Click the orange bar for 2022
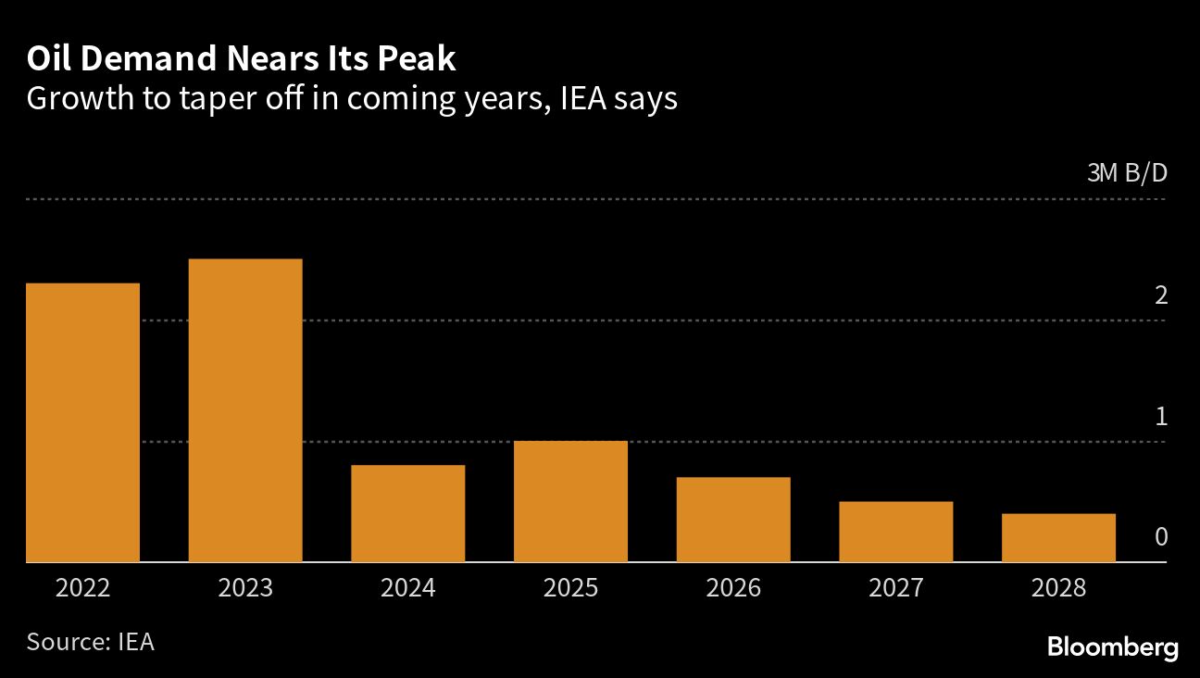click(x=83, y=422)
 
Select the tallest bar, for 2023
click(x=245, y=410)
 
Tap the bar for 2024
click(x=407, y=513)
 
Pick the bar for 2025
click(x=570, y=501)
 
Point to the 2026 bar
click(x=733, y=520)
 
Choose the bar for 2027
click(x=895, y=532)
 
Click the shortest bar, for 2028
click(x=1058, y=537)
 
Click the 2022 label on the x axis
click(x=83, y=588)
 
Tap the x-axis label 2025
click(x=570, y=588)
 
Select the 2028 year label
click(x=1058, y=588)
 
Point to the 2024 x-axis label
click(x=407, y=588)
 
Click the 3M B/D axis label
click(x=1127, y=173)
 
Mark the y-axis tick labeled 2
click(x=1161, y=295)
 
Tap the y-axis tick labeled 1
click(x=1161, y=417)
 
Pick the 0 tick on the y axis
click(x=1161, y=537)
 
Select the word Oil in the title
click(x=46, y=60)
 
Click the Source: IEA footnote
click(x=90, y=641)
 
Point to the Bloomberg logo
click(x=1112, y=647)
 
